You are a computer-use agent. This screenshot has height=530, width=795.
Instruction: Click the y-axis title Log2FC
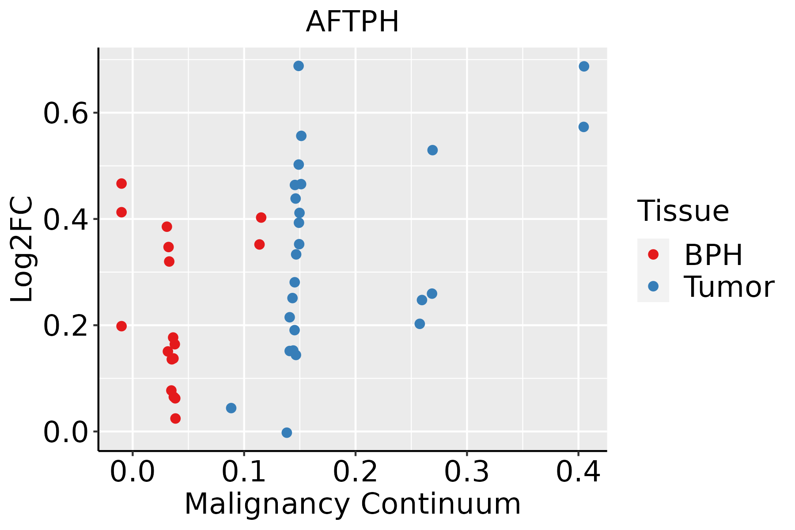(x=22, y=250)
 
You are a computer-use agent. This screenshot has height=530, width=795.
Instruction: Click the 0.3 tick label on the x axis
(x=466, y=472)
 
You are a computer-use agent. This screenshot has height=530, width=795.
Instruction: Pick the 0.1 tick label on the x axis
(x=244, y=472)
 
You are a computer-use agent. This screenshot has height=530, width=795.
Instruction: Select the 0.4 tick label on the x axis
(x=578, y=472)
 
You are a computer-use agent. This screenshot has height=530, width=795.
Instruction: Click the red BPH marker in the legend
(x=653, y=254)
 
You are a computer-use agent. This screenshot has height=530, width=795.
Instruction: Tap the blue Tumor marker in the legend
(x=653, y=286)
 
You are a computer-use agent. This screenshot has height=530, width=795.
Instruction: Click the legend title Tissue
(x=683, y=211)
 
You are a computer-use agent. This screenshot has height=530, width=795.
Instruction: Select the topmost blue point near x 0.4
(x=584, y=66)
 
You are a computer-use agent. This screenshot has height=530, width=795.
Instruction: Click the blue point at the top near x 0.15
(x=299, y=66)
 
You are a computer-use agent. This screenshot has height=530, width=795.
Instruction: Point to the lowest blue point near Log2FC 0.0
(x=287, y=432)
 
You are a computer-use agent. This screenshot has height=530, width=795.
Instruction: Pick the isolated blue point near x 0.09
(x=231, y=408)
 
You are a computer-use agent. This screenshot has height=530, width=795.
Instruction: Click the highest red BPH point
(x=121, y=183)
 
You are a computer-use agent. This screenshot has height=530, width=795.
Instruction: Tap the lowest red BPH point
(x=175, y=418)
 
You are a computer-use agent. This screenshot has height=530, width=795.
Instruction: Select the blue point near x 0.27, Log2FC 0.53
(x=432, y=150)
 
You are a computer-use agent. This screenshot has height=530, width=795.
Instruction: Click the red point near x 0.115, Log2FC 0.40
(x=261, y=217)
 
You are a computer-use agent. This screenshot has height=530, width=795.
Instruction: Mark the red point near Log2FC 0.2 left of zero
(x=121, y=326)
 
